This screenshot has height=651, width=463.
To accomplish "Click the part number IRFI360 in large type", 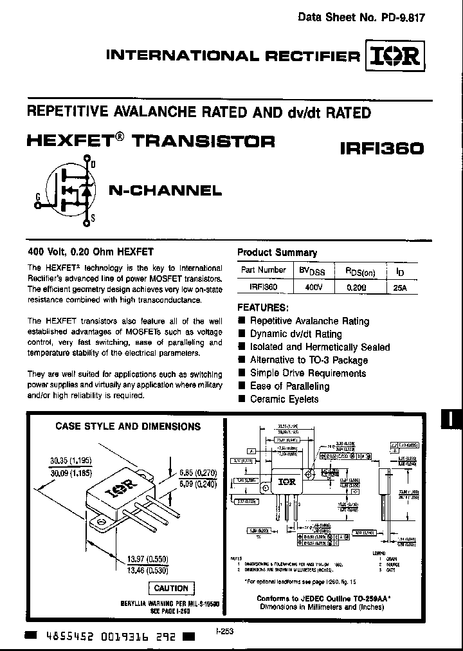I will click(381, 149).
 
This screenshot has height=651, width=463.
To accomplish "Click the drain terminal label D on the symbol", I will click(93, 165).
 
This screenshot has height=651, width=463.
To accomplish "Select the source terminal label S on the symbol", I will click(93, 219).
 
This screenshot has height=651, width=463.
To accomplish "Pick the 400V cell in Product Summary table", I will click(311, 288).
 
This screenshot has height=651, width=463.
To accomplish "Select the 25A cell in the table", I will click(399, 288).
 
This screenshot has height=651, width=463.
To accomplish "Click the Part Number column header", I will click(264, 270).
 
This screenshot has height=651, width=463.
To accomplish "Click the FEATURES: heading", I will click(263, 307).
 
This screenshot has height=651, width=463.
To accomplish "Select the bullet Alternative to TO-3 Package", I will click(309, 360).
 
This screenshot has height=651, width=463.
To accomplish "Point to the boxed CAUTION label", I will click(171, 588).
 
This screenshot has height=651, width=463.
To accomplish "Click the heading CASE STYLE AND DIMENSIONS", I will click(128, 426).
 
